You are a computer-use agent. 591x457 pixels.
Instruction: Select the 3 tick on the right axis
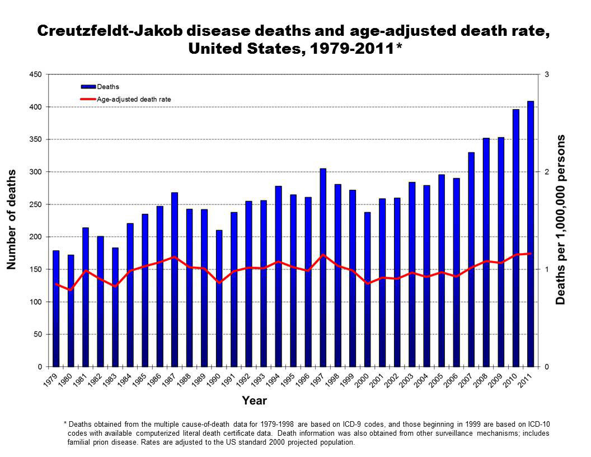point(546,74)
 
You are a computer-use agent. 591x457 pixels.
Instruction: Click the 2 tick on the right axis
point(546,172)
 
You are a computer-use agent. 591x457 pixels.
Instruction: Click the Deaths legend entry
point(107,87)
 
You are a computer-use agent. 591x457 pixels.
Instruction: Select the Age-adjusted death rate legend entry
point(134,99)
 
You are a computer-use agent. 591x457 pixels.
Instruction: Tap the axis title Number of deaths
point(12,220)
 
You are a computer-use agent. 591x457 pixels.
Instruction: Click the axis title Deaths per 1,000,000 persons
point(561,220)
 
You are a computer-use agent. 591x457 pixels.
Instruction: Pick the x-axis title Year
point(254,400)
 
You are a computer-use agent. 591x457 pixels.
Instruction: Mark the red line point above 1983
point(115,286)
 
